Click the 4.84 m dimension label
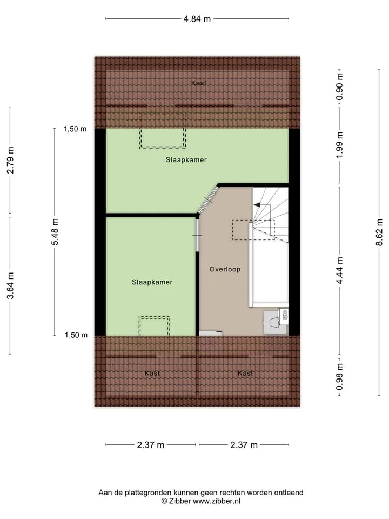coord(197,19)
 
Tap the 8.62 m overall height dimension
coord(379,232)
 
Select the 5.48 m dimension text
coord(55,232)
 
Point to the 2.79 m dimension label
coord(10,160)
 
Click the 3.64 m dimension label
coord(10,285)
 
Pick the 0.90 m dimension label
coord(339,87)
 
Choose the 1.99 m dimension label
coord(339,145)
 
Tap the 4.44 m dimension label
coord(339,270)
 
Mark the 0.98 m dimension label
coord(339,376)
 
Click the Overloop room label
coord(225,269)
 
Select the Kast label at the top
coord(198,83)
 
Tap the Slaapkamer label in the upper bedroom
coord(186,160)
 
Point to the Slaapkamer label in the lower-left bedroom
coord(152,282)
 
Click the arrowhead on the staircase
coord(257,205)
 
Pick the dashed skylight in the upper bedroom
coord(163,130)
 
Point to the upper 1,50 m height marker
coord(76,129)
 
